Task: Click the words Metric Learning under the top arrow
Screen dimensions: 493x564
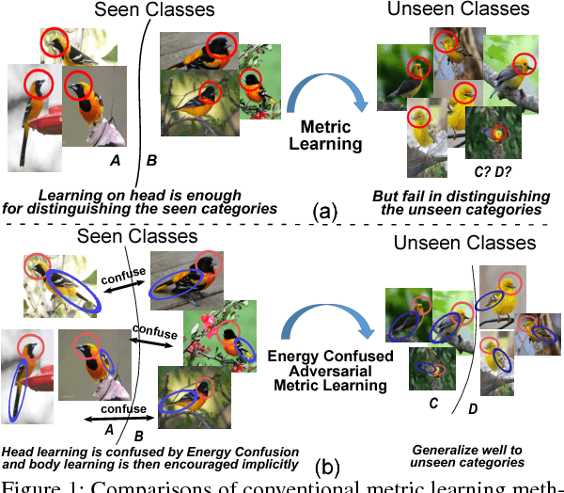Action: click(x=319, y=135)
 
